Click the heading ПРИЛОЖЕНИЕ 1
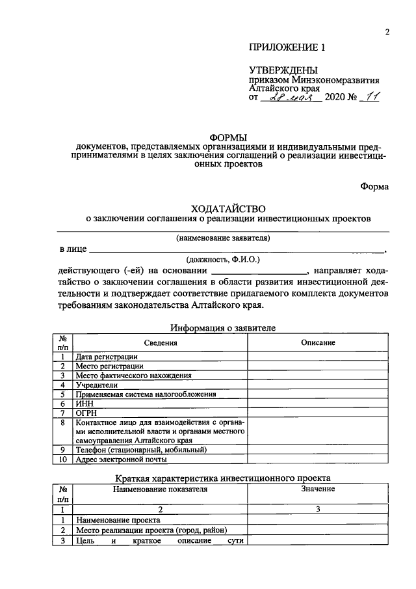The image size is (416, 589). point(286,48)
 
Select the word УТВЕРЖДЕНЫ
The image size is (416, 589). point(283,70)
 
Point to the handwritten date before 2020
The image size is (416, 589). point(290,98)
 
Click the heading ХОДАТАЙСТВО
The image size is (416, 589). point(229,208)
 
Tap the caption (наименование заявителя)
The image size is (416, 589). point(223,238)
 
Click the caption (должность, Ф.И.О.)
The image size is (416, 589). point(223,259)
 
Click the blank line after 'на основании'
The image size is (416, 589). point(259,271)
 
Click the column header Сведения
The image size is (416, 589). point(161,343)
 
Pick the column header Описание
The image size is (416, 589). point(318,343)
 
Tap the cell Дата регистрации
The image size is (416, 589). point(106,357)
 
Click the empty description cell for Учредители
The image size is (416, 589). point(318,385)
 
